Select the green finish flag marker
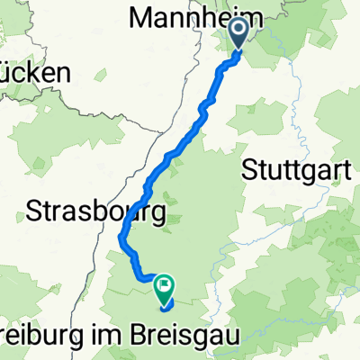coord(165,289)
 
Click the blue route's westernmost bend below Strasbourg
coord(121,238)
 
